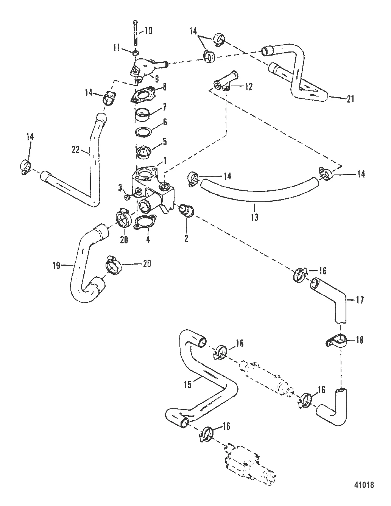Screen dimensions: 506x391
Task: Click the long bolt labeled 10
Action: coord(136,34)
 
